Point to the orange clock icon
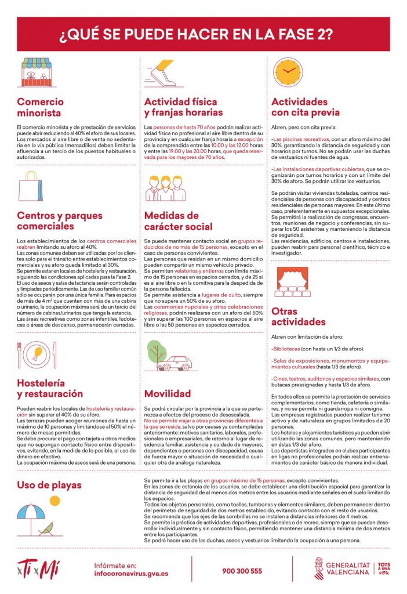point(288,72)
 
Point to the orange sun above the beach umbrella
point(54,500)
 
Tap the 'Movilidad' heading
point(168,393)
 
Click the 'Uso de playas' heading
point(49,484)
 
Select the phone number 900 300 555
point(242,571)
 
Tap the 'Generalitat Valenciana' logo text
point(347,568)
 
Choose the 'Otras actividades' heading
point(298,316)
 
